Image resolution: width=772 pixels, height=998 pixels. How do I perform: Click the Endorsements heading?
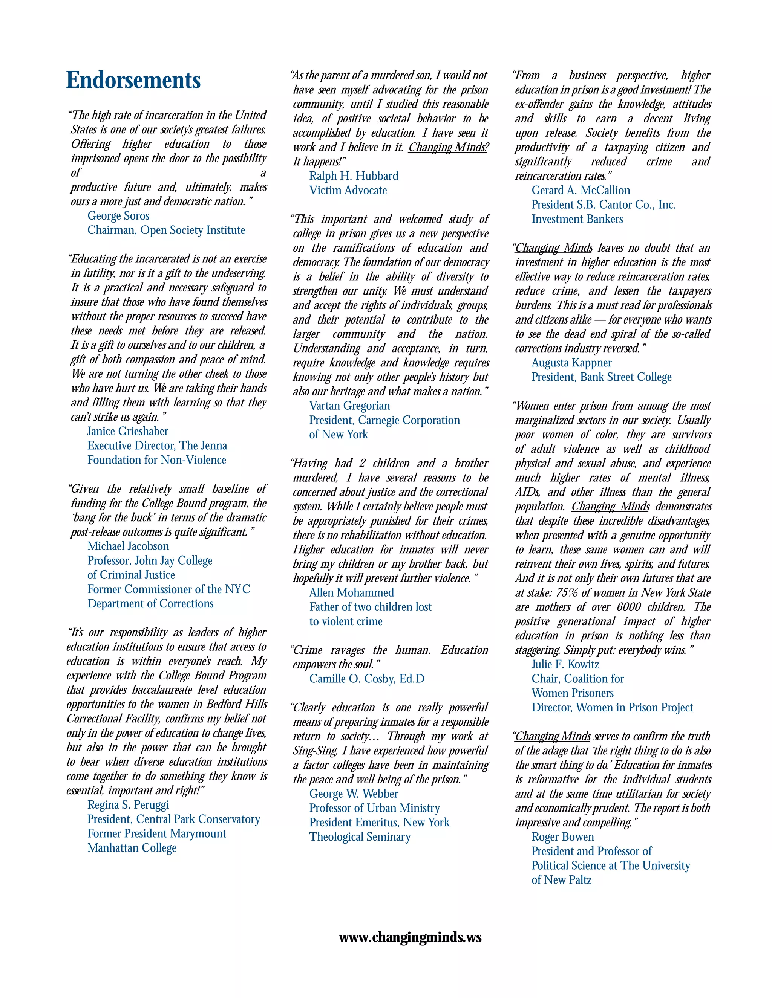click(133, 81)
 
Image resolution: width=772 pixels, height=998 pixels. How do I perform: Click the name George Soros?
click(118, 216)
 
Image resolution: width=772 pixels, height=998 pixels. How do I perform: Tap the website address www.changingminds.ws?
click(410, 938)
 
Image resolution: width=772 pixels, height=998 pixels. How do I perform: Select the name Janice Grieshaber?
click(128, 431)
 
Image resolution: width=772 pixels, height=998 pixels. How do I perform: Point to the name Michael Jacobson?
click(128, 546)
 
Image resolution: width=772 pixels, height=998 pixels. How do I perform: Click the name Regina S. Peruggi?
click(128, 805)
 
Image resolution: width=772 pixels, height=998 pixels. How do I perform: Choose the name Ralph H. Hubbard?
click(354, 176)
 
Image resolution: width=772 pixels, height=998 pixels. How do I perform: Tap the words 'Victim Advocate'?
click(348, 191)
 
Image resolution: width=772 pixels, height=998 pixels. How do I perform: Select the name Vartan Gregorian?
click(349, 406)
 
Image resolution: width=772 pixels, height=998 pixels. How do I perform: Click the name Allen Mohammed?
click(351, 593)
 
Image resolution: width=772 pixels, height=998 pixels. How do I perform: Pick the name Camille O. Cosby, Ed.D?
click(367, 679)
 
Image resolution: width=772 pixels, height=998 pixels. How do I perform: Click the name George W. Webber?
click(354, 794)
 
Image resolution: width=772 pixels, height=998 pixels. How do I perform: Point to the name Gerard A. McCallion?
click(581, 191)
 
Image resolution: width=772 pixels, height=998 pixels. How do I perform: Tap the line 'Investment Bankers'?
click(577, 219)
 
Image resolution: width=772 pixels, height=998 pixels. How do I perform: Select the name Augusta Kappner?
click(571, 363)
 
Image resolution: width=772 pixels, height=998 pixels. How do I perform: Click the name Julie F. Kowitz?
click(565, 664)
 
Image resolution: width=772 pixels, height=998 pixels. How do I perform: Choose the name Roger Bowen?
click(562, 837)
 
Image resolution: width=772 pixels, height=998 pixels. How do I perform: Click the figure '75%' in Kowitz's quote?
click(567, 593)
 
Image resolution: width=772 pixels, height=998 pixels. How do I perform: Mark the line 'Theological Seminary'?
click(360, 837)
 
